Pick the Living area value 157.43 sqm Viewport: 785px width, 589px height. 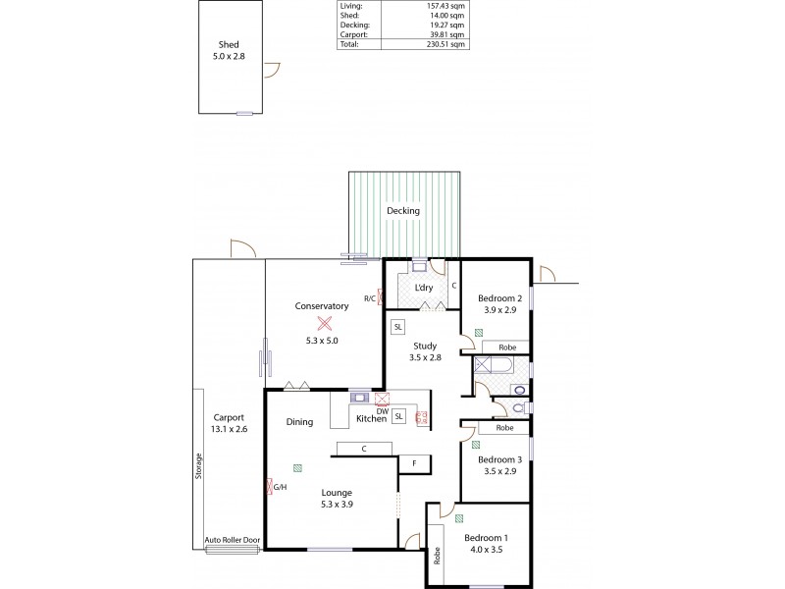tap(447, 7)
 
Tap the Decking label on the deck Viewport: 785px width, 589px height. tap(403, 211)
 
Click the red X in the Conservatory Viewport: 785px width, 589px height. tap(323, 323)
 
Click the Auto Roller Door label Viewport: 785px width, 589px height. tap(233, 540)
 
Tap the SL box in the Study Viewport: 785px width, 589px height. tap(397, 326)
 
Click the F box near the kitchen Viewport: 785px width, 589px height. tap(414, 462)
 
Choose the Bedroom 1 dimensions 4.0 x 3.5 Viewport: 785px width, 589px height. tap(487, 551)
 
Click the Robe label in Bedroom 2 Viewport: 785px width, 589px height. tap(506, 348)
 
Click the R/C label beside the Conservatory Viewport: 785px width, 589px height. tap(370, 297)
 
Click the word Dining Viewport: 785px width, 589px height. tap(299, 422)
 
